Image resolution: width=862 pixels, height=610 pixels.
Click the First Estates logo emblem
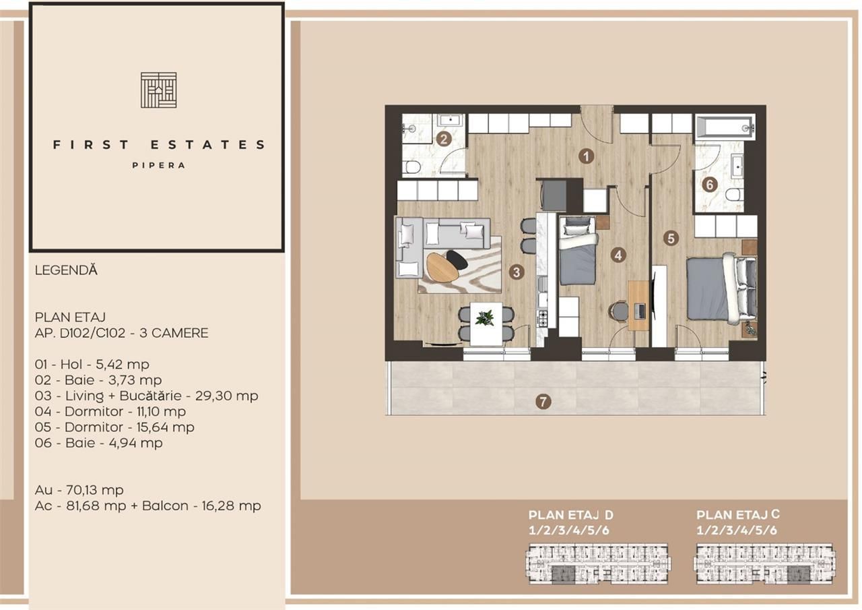158,90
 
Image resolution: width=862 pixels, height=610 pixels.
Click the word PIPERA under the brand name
158,165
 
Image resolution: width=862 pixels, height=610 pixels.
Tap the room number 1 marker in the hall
587,156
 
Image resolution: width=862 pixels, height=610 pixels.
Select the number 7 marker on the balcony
543,402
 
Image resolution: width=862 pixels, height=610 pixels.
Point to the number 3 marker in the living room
517,272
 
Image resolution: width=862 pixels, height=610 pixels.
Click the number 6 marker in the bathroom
708,184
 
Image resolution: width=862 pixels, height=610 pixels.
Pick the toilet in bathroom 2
411,166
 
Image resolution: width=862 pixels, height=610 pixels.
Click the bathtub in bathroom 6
724,125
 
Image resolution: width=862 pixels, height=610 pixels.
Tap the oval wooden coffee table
442,266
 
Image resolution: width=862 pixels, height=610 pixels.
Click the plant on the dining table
485,317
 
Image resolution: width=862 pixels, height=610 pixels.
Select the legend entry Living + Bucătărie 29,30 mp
146,396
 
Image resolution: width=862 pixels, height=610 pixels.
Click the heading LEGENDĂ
66,270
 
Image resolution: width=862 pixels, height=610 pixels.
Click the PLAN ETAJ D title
571,515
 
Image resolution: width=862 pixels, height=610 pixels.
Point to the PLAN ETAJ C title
739,514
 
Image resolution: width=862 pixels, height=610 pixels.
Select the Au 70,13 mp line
79,490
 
